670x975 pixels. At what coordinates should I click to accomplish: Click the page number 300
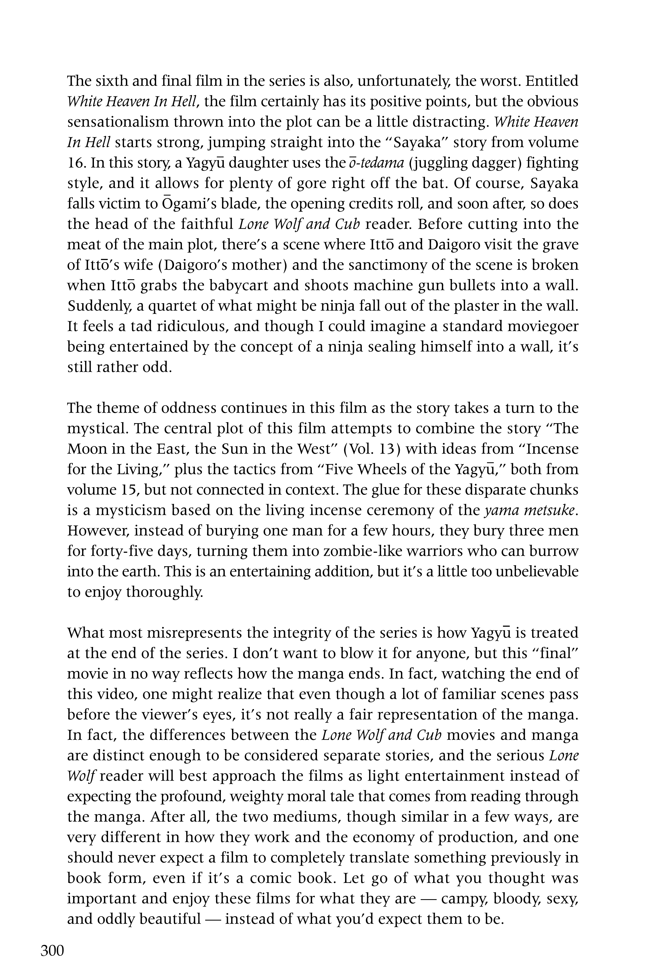coord(52,950)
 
